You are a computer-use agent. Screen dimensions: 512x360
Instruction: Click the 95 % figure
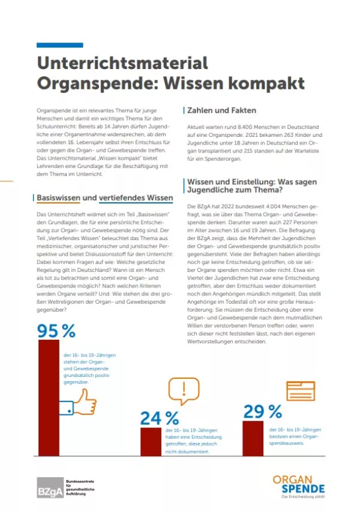pyautogui.click(x=56, y=331)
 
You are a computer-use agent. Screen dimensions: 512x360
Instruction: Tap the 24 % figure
pyautogui.click(x=160, y=418)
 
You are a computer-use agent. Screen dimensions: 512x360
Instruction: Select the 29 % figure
pyautogui.click(x=263, y=411)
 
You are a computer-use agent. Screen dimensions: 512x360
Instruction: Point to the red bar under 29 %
pyautogui.click(x=253, y=438)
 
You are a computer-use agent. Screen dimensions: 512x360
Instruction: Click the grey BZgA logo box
pyautogui.click(x=48, y=488)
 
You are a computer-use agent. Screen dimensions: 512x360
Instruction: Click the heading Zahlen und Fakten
pyautogui.click(x=222, y=110)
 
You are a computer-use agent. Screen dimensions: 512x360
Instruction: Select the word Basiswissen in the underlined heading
pyautogui.click(x=59, y=198)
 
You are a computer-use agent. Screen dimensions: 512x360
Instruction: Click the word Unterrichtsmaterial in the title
pyautogui.click(x=122, y=63)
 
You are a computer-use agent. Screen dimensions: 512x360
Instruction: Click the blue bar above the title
pyautogui.click(x=59, y=45)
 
